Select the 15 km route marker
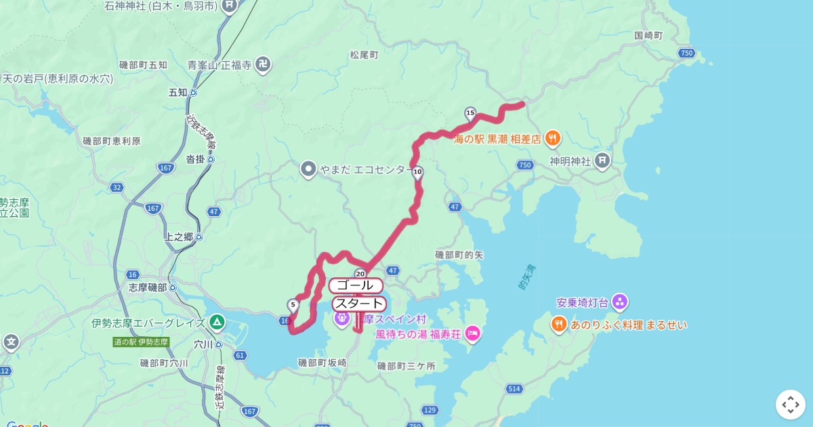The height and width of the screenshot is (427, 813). point(470,113)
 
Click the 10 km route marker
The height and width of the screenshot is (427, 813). point(418,171)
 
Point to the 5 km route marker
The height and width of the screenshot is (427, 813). point(293,305)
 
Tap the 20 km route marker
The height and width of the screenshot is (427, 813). point(360,273)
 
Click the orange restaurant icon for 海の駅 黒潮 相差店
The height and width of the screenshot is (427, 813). point(553,138)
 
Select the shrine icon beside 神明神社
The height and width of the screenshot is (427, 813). point(602,161)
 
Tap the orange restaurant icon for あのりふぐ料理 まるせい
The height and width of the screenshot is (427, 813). point(559,325)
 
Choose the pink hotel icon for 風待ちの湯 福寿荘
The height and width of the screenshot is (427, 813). point(472,333)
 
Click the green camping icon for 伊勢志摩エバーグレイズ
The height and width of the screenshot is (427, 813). point(217,322)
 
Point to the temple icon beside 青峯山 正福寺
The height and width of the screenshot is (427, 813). point(264,65)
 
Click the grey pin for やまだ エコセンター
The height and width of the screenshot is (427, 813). point(308,169)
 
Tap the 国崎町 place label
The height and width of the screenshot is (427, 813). point(648,35)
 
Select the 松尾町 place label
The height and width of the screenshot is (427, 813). point(364,55)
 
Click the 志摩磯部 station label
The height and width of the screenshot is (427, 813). point(148,287)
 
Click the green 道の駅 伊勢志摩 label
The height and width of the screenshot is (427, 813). point(141,342)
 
